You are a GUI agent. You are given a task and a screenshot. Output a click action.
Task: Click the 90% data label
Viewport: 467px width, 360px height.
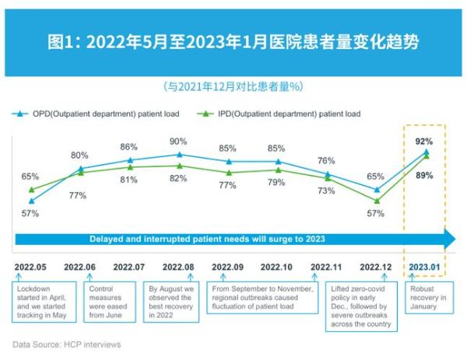point(178,142)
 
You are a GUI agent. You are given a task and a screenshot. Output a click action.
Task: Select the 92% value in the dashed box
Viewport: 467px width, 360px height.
point(424,142)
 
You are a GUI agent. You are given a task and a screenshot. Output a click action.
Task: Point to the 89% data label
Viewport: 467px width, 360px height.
point(424,175)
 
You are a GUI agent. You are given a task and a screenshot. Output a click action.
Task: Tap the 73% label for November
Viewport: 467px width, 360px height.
point(327,190)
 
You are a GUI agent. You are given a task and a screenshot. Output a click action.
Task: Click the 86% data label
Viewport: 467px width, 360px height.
point(129,146)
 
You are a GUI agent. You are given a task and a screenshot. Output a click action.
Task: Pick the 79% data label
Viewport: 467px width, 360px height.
point(277,183)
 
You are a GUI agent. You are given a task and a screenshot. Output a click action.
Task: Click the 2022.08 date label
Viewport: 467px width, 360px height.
point(179,266)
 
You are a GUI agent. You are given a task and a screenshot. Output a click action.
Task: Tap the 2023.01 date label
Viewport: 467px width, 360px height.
point(425,266)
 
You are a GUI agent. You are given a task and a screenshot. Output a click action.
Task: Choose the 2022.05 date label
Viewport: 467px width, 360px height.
point(30,266)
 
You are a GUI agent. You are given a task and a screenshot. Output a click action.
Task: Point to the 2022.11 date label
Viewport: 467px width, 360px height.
point(327,266)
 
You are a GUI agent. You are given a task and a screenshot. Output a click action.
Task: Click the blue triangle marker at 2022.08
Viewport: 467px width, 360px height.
point(178,155)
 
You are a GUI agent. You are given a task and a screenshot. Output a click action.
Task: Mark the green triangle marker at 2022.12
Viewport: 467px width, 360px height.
point(377,201)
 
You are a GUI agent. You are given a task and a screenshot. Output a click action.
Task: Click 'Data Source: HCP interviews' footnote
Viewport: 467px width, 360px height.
point(67,343)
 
